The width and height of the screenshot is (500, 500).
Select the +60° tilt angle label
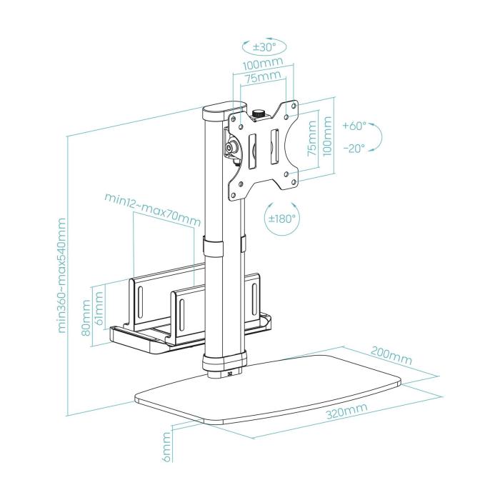tap(354, 126)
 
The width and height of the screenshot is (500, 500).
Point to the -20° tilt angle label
tap(354, 149)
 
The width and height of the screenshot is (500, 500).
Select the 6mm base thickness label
tap(166, 447)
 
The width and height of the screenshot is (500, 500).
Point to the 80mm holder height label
tap(87, 319)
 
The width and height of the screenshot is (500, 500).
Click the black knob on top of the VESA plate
tap(259, 113)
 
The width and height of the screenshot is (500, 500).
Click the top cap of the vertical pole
tap(217, 113)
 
